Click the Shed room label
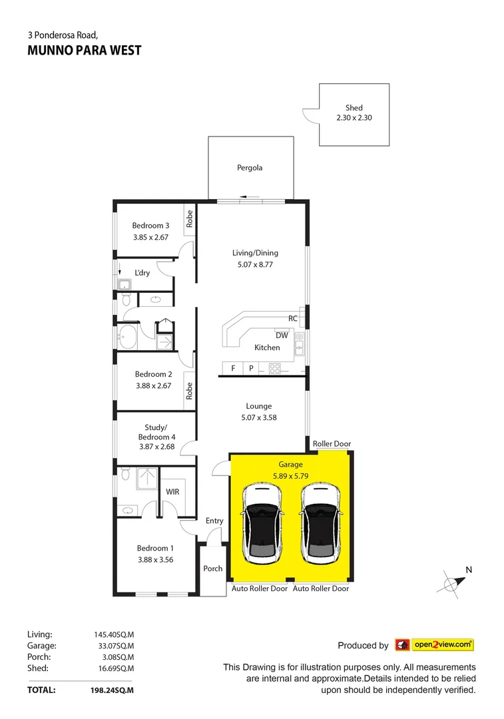click(354, 107)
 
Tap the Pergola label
click(250, 168)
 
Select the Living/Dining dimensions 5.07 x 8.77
click(255, 264)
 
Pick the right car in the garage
click(320, 523)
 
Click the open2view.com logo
click(434, 644)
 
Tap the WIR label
click(172, 491)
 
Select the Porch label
click(213, 569)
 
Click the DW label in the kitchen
click(282, 335)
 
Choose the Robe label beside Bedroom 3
click(190, 219)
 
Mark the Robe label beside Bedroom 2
click(190, 391)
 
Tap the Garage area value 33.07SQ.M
click(114, 646)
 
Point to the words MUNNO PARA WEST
click(85, 51)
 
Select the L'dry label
click(142, 272)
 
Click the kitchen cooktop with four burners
click(275, 367)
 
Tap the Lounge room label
click(258, 406)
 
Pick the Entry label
click(214, 521)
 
